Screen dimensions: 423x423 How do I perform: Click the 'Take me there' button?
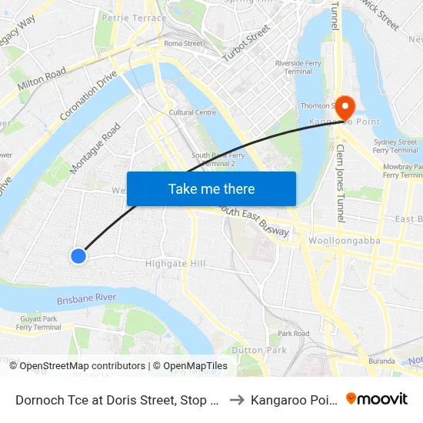[x=211, y=188]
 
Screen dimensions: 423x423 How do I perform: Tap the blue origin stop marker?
[x=78, y=256]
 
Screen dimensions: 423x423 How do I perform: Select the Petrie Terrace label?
[x=134, y=18]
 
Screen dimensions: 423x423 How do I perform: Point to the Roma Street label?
[x=183, y=44]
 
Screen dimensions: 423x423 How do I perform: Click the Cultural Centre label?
[x=192, y=112]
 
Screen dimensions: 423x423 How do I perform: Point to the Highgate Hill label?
[x=176, y=264]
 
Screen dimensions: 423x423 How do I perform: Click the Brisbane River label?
[x=86, y=298]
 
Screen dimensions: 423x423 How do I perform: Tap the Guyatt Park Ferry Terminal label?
[x=38, y=323]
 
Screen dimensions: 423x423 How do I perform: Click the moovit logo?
[x=376, y=398]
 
